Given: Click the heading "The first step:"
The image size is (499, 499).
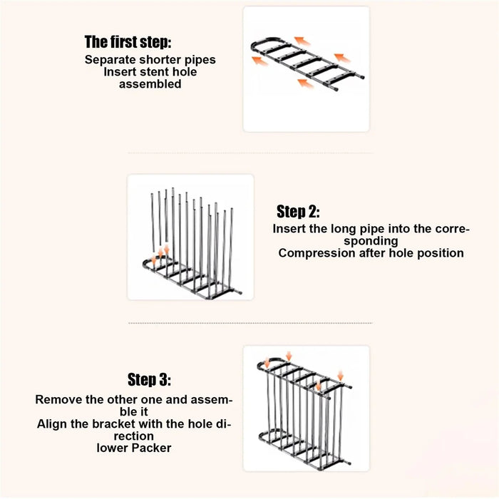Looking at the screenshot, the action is coord(128,42).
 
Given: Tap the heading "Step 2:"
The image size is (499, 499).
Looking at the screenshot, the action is coord(298,211).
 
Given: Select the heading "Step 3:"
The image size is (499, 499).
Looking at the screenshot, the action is coord(149,379).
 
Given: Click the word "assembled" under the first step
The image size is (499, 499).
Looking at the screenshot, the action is coord(150,84).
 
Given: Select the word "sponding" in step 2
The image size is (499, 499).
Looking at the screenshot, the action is coord(371,241).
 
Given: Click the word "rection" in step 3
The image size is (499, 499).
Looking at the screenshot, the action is coord(134,436).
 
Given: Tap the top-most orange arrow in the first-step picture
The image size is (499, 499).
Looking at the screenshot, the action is coord(302,41).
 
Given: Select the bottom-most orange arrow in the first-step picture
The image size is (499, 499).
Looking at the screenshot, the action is coord(305,83).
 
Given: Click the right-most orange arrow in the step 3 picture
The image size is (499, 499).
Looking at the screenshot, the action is coord(341,375).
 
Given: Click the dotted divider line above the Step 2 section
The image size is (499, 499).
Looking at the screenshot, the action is coord(250,153).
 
